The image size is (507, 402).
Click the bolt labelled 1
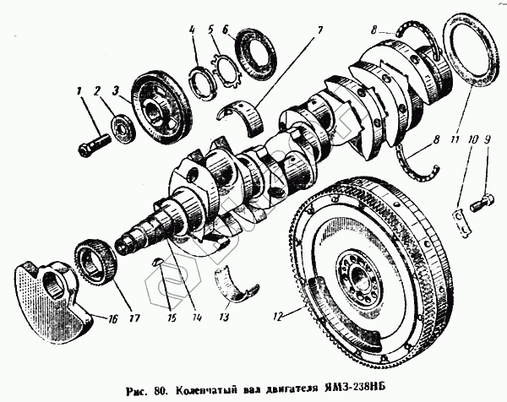point(94,144)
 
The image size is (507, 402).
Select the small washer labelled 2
point(123,129)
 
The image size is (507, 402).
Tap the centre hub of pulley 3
point(155,111)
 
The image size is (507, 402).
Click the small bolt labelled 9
point(482,203)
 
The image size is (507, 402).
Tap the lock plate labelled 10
point(461,223)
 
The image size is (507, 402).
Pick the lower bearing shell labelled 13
point(237,283)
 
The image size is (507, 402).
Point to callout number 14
point(196,318)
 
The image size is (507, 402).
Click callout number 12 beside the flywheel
point(279,317)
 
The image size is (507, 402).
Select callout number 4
point(192,31)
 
